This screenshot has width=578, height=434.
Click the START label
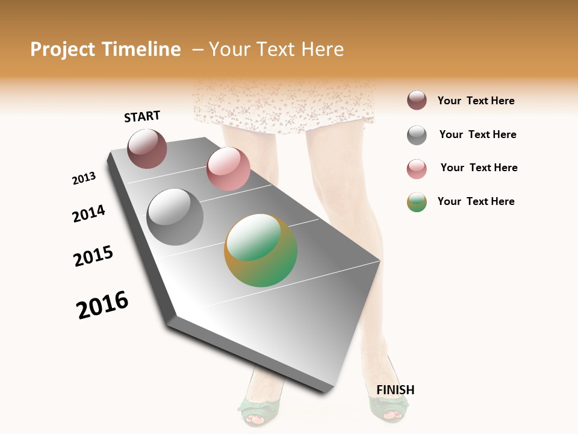pos(142,116)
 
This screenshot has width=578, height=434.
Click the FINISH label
pos(395,390)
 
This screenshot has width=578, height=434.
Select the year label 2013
pos(84,178)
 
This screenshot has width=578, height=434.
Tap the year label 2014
pos(89,213)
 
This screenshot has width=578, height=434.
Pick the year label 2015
pos(93,256)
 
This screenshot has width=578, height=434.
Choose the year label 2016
pos(102,305)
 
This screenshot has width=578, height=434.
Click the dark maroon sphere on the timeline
pos(147,148)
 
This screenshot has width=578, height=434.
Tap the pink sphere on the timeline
pos(228,169)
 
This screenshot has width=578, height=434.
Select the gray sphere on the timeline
pos(175,217)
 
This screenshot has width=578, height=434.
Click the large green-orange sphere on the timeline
pos(261,250)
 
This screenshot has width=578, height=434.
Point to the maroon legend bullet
pos(417,101)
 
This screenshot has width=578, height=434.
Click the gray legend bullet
pos(417,135)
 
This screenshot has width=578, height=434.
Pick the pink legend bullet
pos(417,169)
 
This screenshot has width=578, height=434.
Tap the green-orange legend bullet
pos(417,202)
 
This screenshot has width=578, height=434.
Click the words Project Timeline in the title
pos(105,49)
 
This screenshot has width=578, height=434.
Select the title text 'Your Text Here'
pos(276,49)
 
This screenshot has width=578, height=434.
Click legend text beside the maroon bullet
pos(476,101)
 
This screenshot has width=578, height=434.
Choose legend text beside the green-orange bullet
pos(476,201)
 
